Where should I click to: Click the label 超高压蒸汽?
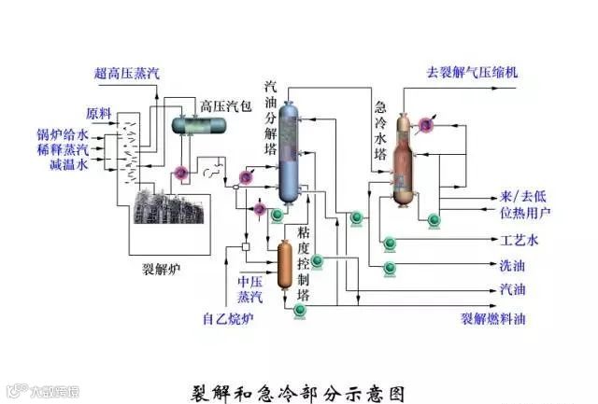tap(126, 73)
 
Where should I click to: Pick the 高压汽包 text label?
tap(225, 104)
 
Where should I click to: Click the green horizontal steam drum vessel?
tap(197, 124)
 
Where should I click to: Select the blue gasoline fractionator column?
tap(290, 154)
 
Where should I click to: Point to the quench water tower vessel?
tap(404, 163)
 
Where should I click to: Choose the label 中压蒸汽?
tap(249, 288)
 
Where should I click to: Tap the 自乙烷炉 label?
tap(228, 320)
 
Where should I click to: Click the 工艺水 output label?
tap(520, 241)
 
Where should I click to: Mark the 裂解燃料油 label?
tap(493, 319)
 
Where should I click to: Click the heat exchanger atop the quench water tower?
tap(428, 124)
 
